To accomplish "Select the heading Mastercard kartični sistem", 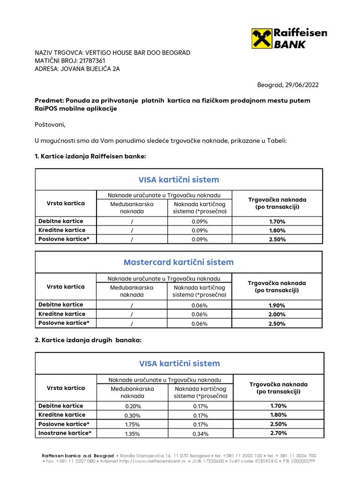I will tap(178, 262).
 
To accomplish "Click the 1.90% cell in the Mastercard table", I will tap(277, 305).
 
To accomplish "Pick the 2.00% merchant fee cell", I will tap(277, 314).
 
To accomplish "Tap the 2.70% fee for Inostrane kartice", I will tap(278, 433).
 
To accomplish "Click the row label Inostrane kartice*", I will tap(64, 433).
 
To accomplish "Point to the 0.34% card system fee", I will tap(200, 434).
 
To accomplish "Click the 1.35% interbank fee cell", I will tap(133, 434).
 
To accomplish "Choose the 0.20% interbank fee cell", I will tap(133, 406).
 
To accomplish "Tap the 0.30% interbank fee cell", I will tap(133, 415).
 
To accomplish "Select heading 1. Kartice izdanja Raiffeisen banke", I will tap(94, 155).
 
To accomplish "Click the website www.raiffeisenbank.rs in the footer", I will tap(154, 461).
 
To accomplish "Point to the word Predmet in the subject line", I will tap(49, 100).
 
